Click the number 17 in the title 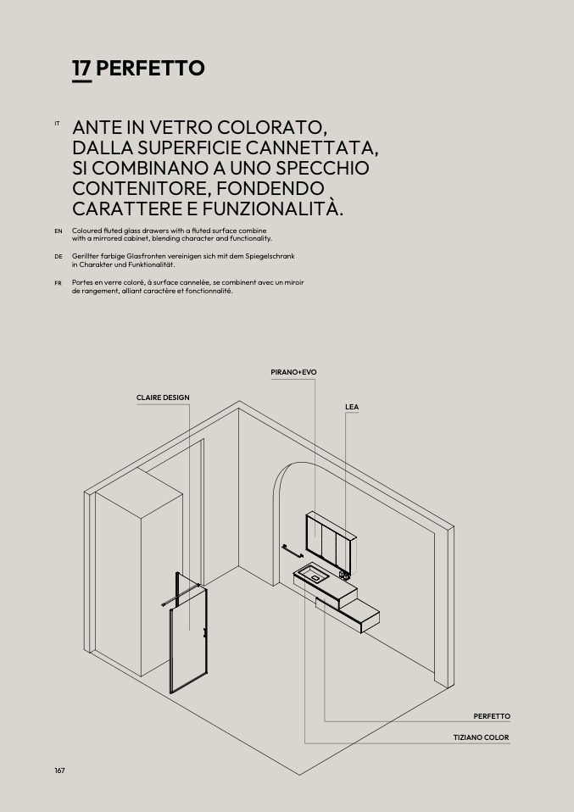(82, 68)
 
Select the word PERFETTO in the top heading (150, 68)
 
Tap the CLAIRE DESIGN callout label (163, 398)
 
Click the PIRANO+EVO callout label (293, 372)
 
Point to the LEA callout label (352, 407)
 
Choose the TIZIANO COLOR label (482, 737)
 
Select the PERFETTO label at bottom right (492, 716)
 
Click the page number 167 (59, 770)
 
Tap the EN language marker (59, 231)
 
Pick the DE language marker (59, 256)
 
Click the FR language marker (58, 283)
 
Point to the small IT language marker (57, 123)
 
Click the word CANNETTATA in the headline (312, 148)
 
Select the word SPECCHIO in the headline (322, 169)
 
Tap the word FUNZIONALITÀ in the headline (272, 209)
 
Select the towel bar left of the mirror (293, 552)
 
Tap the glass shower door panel (188, 634)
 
